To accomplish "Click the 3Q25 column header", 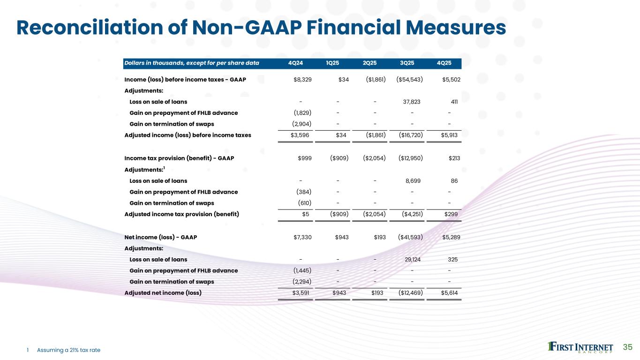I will (x=407, y=63).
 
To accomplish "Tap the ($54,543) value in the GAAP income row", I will (x=410, y=80).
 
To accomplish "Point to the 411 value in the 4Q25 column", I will (x=452, y=102).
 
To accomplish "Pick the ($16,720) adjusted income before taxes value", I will (x=410, y=135).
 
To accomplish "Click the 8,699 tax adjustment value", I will (x=412, y=181).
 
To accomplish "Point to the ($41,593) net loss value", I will (x=410, y=237).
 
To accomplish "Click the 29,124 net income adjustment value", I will (x=411, y=260).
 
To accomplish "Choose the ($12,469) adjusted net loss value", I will (x=410, y=293).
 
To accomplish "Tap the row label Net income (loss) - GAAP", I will (x=160, y=237).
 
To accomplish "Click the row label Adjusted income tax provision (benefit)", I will (x=181, y=214).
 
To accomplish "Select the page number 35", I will (x=627, y=347).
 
